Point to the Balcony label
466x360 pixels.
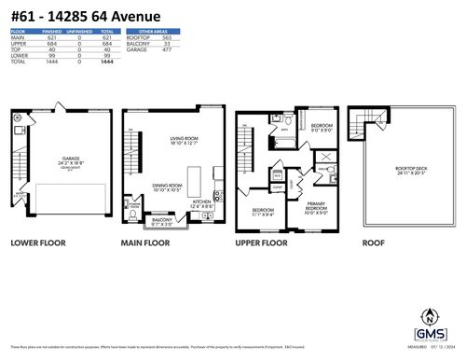pyautogui.click(x=161, y=221)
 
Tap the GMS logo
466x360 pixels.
pyautogui.click(x=428, y=332)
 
